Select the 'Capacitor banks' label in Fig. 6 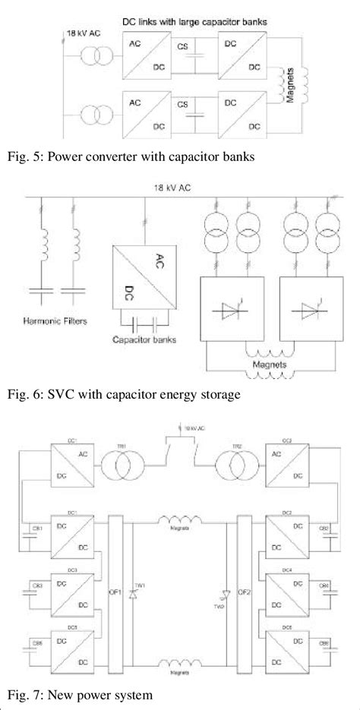click(144, 339)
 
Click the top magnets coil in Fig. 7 click(180, 520)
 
